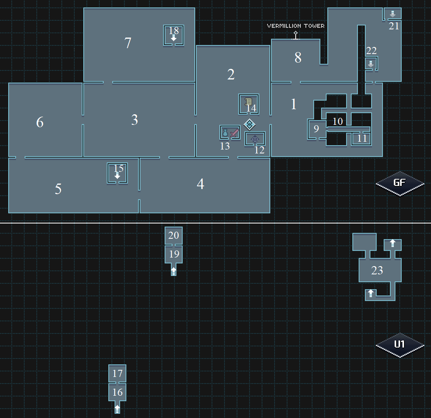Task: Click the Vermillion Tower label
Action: click(296, 26)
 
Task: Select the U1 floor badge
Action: click(400, 345)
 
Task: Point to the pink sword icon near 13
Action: click(234, 133)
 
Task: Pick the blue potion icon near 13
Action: click(225, 133)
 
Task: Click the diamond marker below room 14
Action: click(250, 124)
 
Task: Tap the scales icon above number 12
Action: click(255, 138)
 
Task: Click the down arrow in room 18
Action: click(174, 38)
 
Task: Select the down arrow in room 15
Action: click(117, 176)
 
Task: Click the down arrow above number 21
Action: click(393, 14)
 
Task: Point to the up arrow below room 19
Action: click(174, 271)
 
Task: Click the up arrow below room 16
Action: click(117, 409)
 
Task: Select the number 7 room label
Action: click(128, 43)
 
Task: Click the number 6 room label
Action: click(40, 123)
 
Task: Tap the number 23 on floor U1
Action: click(377, 270)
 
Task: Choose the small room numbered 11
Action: click(362, 138)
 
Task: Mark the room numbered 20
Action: click(174, 235)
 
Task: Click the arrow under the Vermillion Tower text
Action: click(296, 36)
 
